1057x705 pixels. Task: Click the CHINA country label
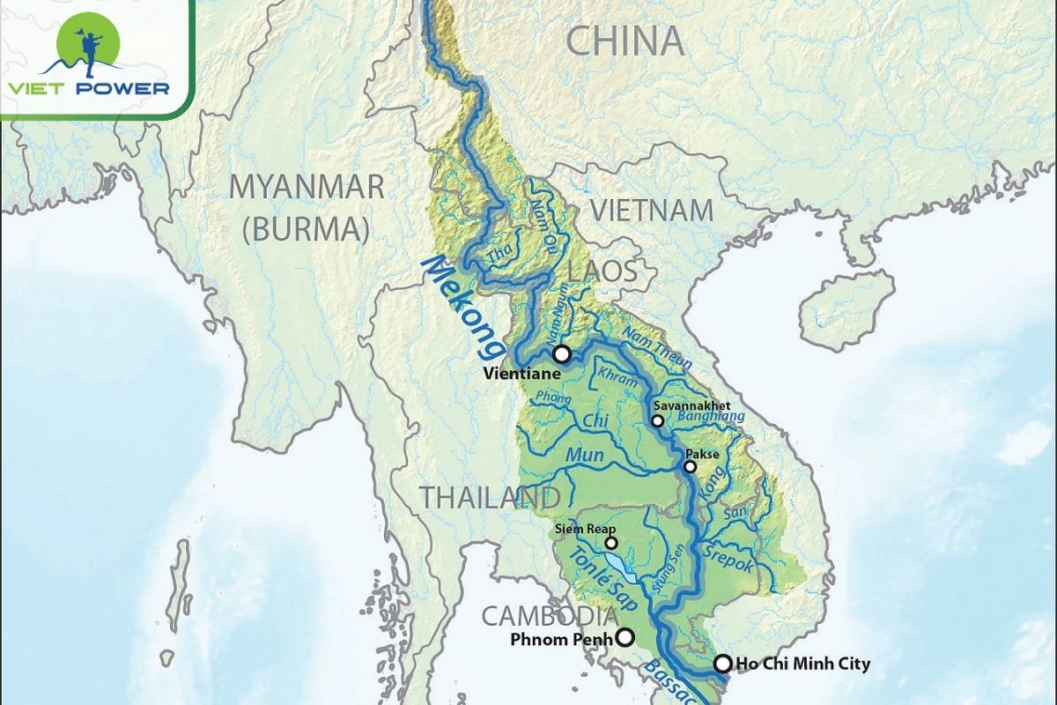point(625,41)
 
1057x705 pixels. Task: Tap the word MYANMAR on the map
point(307,187)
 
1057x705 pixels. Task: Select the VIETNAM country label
point(651,211)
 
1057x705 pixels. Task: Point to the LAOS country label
point(602,271)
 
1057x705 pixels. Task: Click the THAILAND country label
point(489,497)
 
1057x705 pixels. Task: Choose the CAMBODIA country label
point(549,614)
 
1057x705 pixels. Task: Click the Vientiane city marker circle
point(561,354)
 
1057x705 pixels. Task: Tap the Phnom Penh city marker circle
point(625,637)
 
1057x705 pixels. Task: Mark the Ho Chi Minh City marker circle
point(722,664)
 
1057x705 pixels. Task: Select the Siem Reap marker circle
point(610,543)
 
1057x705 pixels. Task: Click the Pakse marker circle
point(690,467)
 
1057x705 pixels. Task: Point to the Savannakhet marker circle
point(657,421)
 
